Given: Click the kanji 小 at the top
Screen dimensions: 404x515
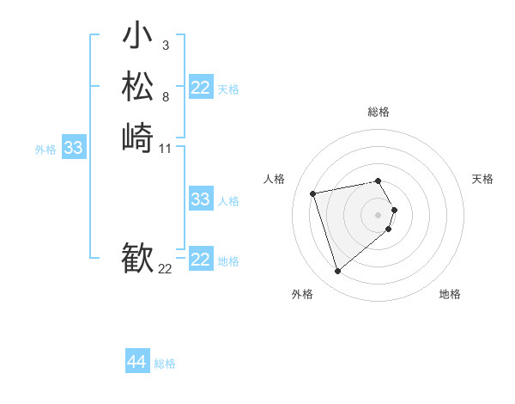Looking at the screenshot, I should pyautogui.click(x=137, y=38).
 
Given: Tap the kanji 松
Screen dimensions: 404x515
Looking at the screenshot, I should pyautogui.click(x=137, y=87).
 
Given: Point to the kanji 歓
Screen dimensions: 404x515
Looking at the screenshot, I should pyautogui.click(x=137, y=258).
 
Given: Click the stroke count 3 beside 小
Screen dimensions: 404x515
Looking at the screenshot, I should pyautogui.click(x=165, y=46).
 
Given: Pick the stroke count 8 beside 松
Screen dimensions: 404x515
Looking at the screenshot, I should pyautogui.click(x=165, y=97).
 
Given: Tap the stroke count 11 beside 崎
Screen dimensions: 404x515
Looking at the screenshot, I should pyautogui.click(x=166, y=149).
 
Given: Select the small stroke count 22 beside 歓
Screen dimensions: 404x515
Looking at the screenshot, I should pyautogui.click(x=166, y=269).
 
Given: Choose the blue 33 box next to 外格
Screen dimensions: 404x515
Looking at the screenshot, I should pyautogui.click(x=74, y=148).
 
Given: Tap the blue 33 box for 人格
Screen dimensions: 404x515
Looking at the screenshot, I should pyautogui.click(x=201, y=199).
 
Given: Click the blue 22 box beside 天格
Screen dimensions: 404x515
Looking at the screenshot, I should pyautogui.click(x=201, y=88).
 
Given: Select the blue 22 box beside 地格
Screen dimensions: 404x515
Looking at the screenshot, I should pyautogui.click(x=201, y=260).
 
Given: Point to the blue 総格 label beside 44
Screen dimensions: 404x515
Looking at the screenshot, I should pyautogui.click(x=165, y=364).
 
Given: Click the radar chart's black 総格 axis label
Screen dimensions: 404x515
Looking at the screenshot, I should pyautogui.click(x=379, y=112).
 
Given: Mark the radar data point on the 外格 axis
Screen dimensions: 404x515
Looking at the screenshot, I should pyautogui.click(x=337, y=272).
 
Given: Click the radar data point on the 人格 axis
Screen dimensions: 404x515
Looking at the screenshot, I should pyautogui.click(x=313, y=193).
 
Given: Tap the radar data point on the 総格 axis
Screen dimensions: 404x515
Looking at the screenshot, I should pyautogui.click(x=379, y=181).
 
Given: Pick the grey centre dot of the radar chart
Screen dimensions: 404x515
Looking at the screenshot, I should pyautogui.click(x=379, y=214).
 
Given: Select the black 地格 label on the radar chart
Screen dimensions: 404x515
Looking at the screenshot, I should pyautogui.click(x=450, y=294).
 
